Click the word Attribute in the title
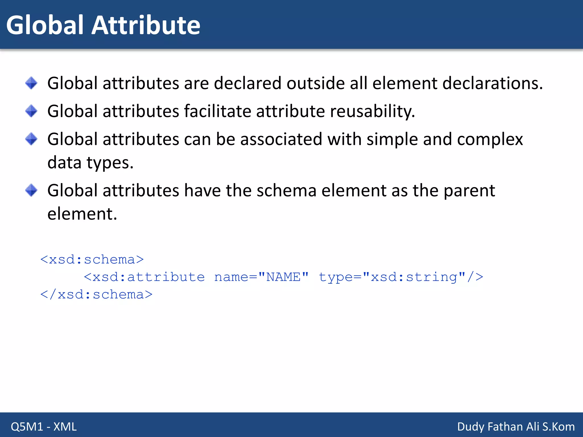click(145, 25)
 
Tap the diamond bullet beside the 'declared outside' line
click(31, 83)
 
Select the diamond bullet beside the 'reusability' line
click(31, 111)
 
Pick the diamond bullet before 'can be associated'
click(31, 139)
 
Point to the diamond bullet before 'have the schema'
click(31, 190)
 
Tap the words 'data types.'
click(90, 163)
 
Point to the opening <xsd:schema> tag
click(92, 259)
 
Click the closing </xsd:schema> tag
click(96, 294)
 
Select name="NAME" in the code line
click(261, 277)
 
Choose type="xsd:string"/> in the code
click(401, 277)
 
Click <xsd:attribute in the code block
click(144, 277)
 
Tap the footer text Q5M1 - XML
click(44, 426)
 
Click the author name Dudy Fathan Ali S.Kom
click(516, 426)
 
